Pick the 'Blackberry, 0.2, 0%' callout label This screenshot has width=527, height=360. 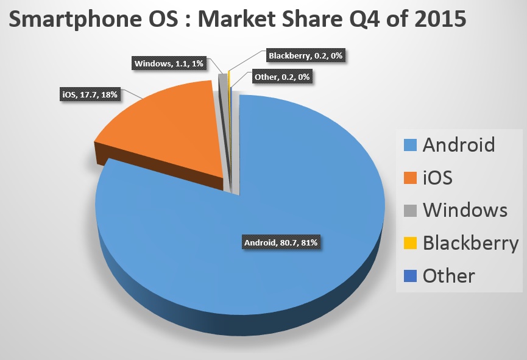point(306,56)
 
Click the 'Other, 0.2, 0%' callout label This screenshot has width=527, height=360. point(279,77)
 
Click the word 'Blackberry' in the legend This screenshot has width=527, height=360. point(470,243)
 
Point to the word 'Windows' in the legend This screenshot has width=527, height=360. point(465,210)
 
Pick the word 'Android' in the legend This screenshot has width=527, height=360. point(459,145)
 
